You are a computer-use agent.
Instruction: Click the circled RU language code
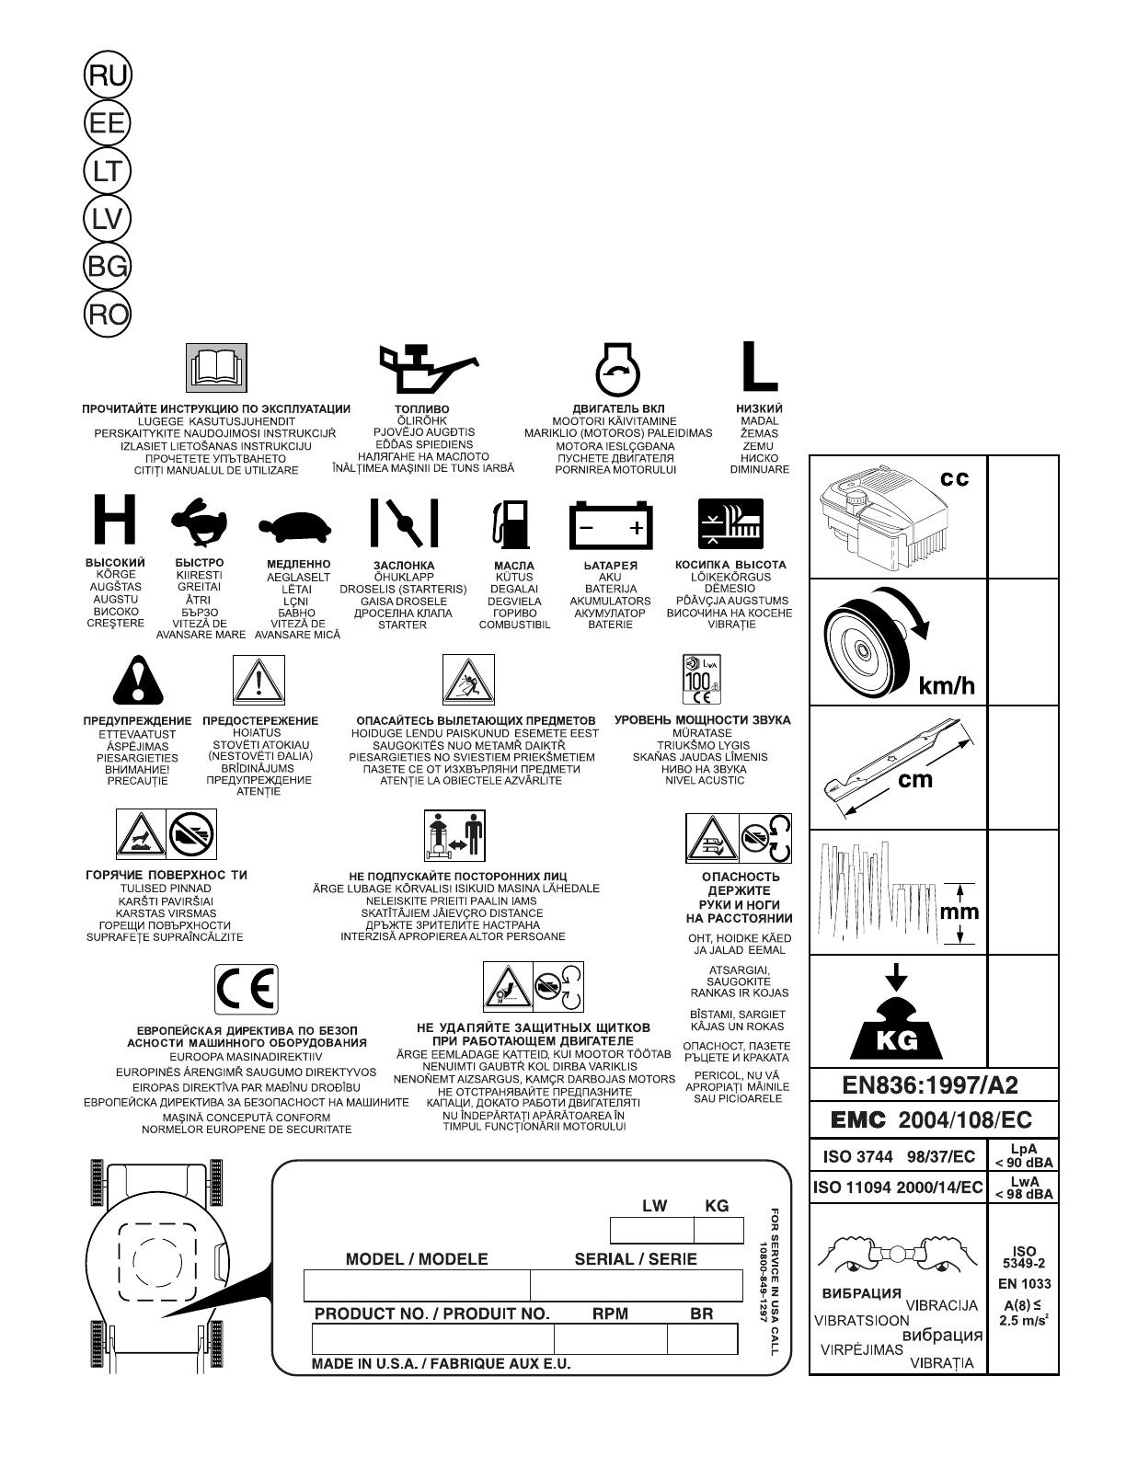coord(108,75)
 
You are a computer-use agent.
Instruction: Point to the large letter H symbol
coord(114,521)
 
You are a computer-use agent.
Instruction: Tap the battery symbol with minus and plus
coord(610,524)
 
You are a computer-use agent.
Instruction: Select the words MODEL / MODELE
coord(417,1259)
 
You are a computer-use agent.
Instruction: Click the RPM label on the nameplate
coord(610,1314)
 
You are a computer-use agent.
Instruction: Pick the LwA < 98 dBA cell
coord(1023,1187)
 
